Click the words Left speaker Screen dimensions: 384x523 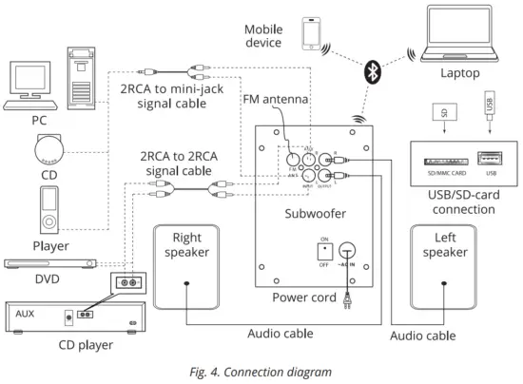(446, 245)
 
